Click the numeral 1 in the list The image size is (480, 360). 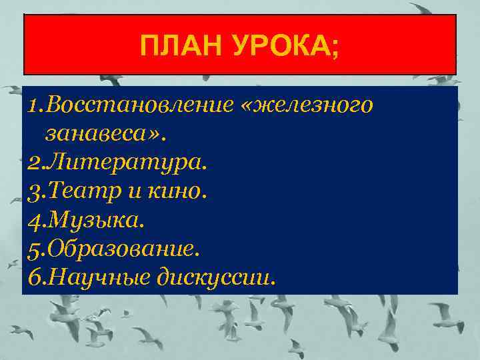click(34, 105)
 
